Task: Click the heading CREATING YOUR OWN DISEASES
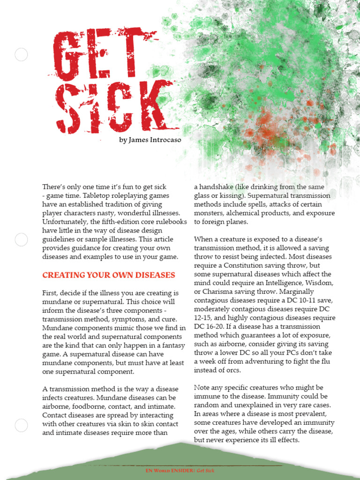[109, 275]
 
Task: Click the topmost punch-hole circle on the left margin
[21, 55]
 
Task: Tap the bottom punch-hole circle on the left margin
[21, 426]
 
